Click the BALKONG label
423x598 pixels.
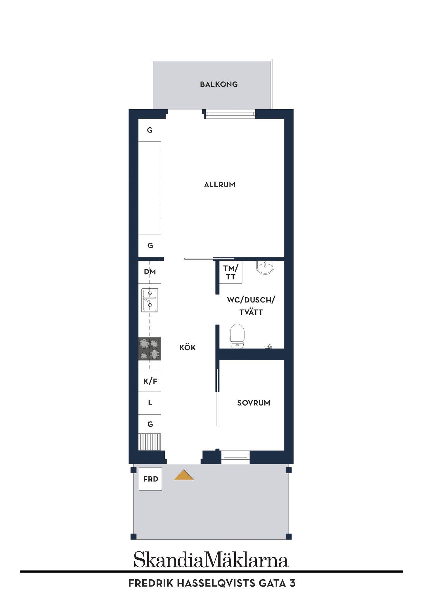tap(219, 84)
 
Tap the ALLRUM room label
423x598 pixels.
tap(220, 185)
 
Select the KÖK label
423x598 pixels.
tap(188, 347)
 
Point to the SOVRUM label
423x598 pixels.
tap(254, 403)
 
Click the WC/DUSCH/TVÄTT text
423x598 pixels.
tap(251, 306)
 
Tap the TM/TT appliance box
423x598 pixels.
tap(231, 272)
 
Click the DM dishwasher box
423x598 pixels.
tap(150, 272)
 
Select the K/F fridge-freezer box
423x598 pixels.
tap(150, 381)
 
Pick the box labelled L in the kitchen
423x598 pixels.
tap(150, 403)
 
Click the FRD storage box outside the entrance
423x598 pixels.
tap(150, 479)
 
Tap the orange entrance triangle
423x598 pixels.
tap(183, 475)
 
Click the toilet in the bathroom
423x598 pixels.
tap(237, 336)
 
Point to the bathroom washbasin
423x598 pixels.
tap(265, 267)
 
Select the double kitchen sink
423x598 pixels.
tap(150, 300)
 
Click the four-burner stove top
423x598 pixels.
tap(150, 349)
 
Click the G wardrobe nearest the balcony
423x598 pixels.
tap(150, 130)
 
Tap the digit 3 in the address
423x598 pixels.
tap(293, 583)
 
